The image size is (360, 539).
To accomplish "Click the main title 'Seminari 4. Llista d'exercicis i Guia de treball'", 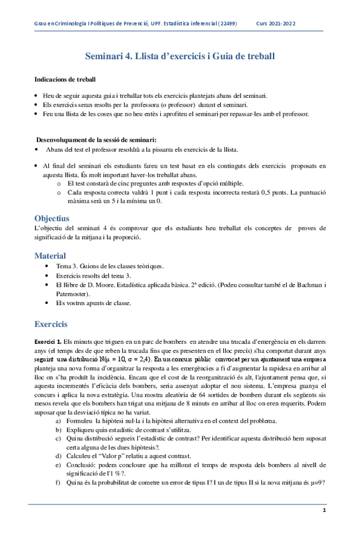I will (x=180, y=57).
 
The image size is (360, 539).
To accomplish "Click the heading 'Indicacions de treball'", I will (x=65, y=79).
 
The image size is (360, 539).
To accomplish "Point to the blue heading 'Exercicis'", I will (x=55, y=323).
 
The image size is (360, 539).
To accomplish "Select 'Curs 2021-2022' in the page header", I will (x=275, y=24).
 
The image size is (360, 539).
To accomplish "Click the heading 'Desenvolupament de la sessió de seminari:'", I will (x=96, y=139).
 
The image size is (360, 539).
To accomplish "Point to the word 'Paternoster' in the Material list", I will (x=73, y=294).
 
